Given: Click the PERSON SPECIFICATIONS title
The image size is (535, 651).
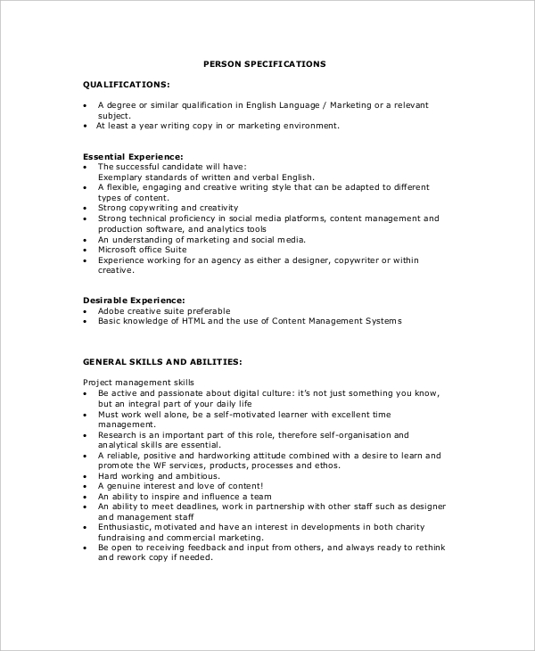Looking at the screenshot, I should pyautogui.click(x=265, y=64).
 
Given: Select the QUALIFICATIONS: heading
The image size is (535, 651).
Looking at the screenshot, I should pyautogui.click(x=126, y=84).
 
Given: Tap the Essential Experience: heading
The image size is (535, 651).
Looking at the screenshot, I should pyautogui.click(x=133, y=156).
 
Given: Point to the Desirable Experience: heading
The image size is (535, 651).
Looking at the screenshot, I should pyautogui.click(x=134, y=301).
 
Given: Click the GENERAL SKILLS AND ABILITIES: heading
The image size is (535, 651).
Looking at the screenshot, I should pyautogui.click(x=162, y=362).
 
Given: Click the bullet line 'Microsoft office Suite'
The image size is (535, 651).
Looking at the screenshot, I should pyautogui.click(x=143, y=250).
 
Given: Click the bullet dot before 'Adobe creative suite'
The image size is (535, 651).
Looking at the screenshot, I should pyautogui.click(x=86, y=310).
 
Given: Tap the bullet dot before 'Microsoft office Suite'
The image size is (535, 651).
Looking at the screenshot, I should pyautogui.click(x=86, y=250).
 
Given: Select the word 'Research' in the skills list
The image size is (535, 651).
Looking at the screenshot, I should pyautogui.click(x=117, y=434).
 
